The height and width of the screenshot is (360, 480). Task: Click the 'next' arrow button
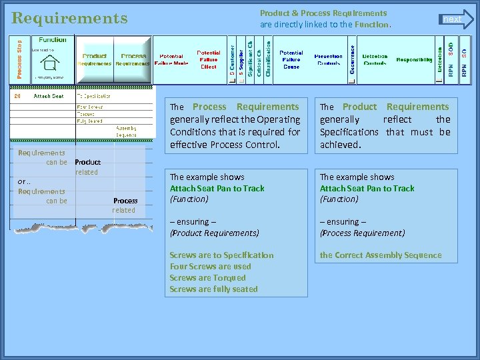tap(456, 19)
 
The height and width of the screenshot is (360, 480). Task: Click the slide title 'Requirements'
tap(69, 18)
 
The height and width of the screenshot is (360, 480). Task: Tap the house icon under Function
tap(49, 63)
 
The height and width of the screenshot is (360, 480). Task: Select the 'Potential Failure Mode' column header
tap(171, 60)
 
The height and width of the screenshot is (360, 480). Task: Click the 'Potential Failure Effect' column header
tap(209, 59)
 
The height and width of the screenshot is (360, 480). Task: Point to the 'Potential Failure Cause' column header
tap(291, 59)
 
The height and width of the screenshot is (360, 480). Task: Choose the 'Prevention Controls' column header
tap(328, 60)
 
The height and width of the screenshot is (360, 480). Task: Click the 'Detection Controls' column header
tap(375, 60)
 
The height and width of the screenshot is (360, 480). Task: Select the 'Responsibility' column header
tap(414, 60)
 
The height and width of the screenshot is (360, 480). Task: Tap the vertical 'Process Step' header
tap(19, 59)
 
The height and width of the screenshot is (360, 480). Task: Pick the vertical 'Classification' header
tap(269, 59)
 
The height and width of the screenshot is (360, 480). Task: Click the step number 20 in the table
tap(17, 96)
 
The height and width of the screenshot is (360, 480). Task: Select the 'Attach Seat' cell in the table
tap(49, 96)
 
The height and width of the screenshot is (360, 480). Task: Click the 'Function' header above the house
tap(53, 40)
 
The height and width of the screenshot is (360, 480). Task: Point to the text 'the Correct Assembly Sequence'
tap(381, 255)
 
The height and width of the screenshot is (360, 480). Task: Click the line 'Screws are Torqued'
tap(207, 278)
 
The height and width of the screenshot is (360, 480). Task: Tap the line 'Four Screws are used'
tap(210, 267)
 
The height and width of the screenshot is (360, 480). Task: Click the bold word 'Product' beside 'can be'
tap(87, 162)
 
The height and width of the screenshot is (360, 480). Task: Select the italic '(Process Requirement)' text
tap(362, 233)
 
